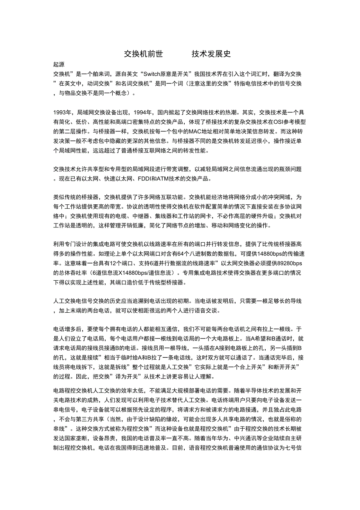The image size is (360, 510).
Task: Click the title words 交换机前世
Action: coord(143,54)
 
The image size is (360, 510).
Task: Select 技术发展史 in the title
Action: coord(211,54)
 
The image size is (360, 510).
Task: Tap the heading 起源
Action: coord(59,65)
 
